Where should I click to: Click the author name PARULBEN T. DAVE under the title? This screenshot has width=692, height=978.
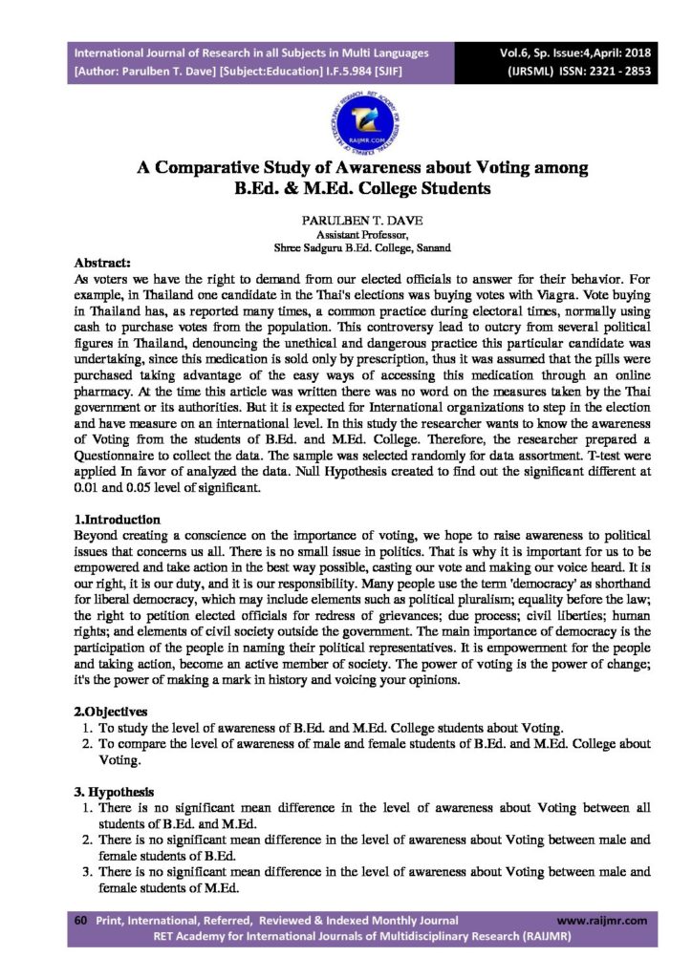[x=346, y=220]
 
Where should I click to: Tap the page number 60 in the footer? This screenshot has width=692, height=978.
[x=81, y=920]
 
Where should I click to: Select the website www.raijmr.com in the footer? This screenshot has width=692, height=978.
[x=601, y=920]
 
